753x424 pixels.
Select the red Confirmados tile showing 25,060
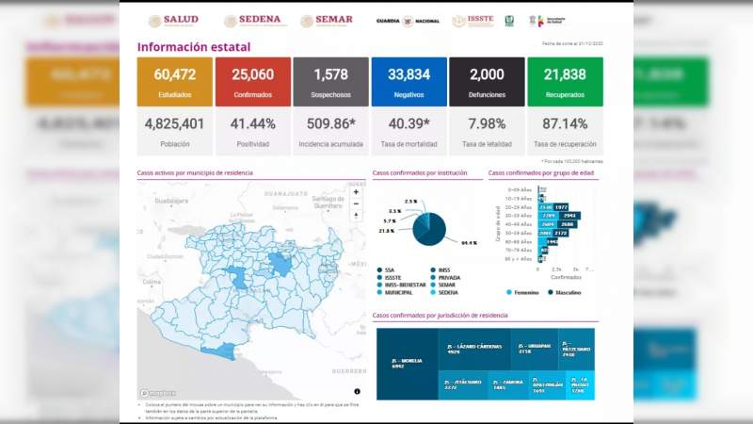click(x=252, y=81)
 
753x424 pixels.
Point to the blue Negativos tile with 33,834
click(x=409, y=81)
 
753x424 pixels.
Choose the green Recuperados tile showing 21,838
click(x=565, y=81)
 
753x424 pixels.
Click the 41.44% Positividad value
click(x=252, y=123)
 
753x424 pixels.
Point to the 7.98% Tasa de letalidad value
click(x=487, y=123)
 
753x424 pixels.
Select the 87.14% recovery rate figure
click(x=565, y=123)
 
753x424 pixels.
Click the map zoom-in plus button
click(x=356, y=192)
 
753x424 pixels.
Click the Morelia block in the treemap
click(x=407, y=364)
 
